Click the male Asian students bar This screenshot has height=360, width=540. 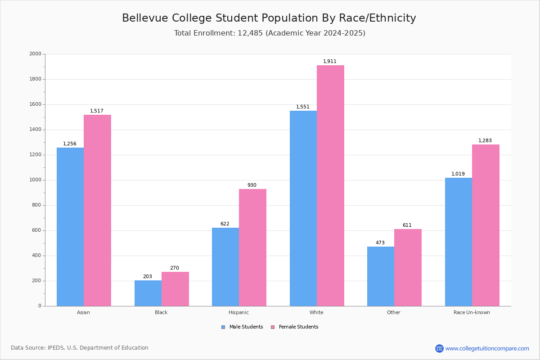70,227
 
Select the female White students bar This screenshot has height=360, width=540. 330,185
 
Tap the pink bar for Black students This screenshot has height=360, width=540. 175,289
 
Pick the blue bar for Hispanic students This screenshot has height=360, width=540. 225,267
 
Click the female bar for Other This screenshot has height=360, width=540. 408,267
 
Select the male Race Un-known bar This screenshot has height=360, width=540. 459,242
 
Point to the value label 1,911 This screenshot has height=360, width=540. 330,62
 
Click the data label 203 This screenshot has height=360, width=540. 148,277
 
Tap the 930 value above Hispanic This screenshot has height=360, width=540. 252,185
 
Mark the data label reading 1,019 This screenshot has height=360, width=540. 458,174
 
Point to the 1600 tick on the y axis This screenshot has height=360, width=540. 35,104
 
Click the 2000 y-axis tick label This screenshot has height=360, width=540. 35,54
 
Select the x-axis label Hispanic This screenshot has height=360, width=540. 238,312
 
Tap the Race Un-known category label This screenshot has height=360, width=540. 472,312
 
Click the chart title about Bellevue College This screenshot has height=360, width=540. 269,18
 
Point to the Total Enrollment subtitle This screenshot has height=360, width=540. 270,33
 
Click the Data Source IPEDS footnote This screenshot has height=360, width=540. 80,348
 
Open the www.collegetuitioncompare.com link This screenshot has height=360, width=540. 487,348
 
